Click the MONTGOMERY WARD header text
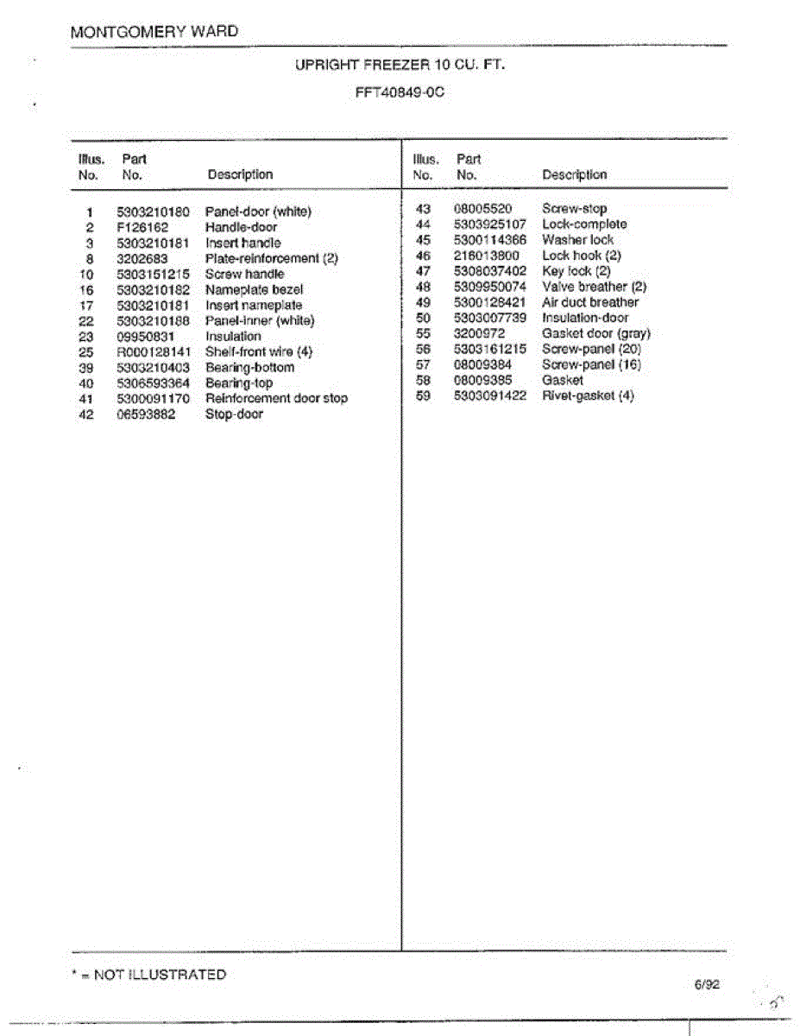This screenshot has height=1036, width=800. (154, 32)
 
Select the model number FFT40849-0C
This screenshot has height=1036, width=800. (399, 92)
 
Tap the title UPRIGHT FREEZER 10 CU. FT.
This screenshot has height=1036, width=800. (400, 65)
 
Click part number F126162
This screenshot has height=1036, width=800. (142, 227)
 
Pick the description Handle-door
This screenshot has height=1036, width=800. (241, 227)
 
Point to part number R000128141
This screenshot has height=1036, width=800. (153, 351)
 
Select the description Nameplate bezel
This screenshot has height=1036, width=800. (254, 289)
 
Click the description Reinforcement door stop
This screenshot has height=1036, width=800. (276, 398)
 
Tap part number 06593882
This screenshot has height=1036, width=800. (147, 414)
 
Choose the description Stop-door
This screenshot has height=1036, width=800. (234, 414)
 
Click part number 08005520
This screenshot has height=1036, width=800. (482, 208)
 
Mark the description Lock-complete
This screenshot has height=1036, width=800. (584, 224)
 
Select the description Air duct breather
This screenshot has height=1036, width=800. (590, 302)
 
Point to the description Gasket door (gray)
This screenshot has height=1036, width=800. (596, 333)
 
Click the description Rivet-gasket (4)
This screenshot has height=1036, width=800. (588, 395)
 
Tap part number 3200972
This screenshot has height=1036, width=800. (479, 333)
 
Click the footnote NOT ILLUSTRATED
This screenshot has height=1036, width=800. (160, 975)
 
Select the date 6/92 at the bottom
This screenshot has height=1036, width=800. (705, 983)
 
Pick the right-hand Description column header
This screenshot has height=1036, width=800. (574, 174)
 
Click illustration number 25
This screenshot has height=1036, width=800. (85, 351)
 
